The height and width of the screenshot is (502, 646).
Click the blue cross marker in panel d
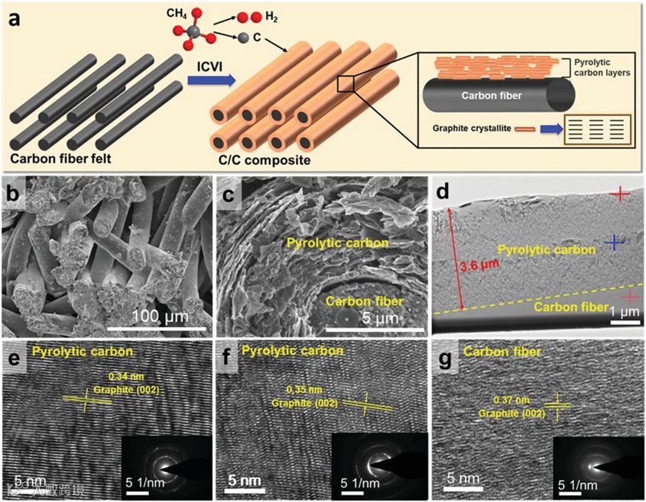coord(613,243)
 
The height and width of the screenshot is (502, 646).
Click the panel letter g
coord(451,358)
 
